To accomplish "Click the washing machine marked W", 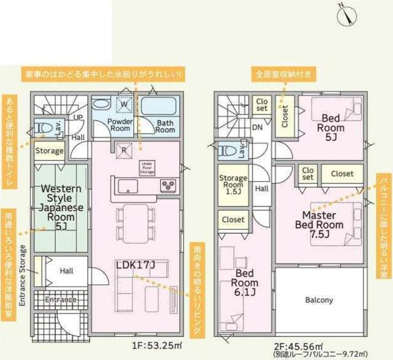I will coord(125,104).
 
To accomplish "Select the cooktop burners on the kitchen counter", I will coord(168,185).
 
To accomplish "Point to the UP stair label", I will coord(79,117).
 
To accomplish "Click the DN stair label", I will coord(257,128).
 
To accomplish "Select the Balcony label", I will coord(319,300).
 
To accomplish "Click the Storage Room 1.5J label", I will coord(233,184).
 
